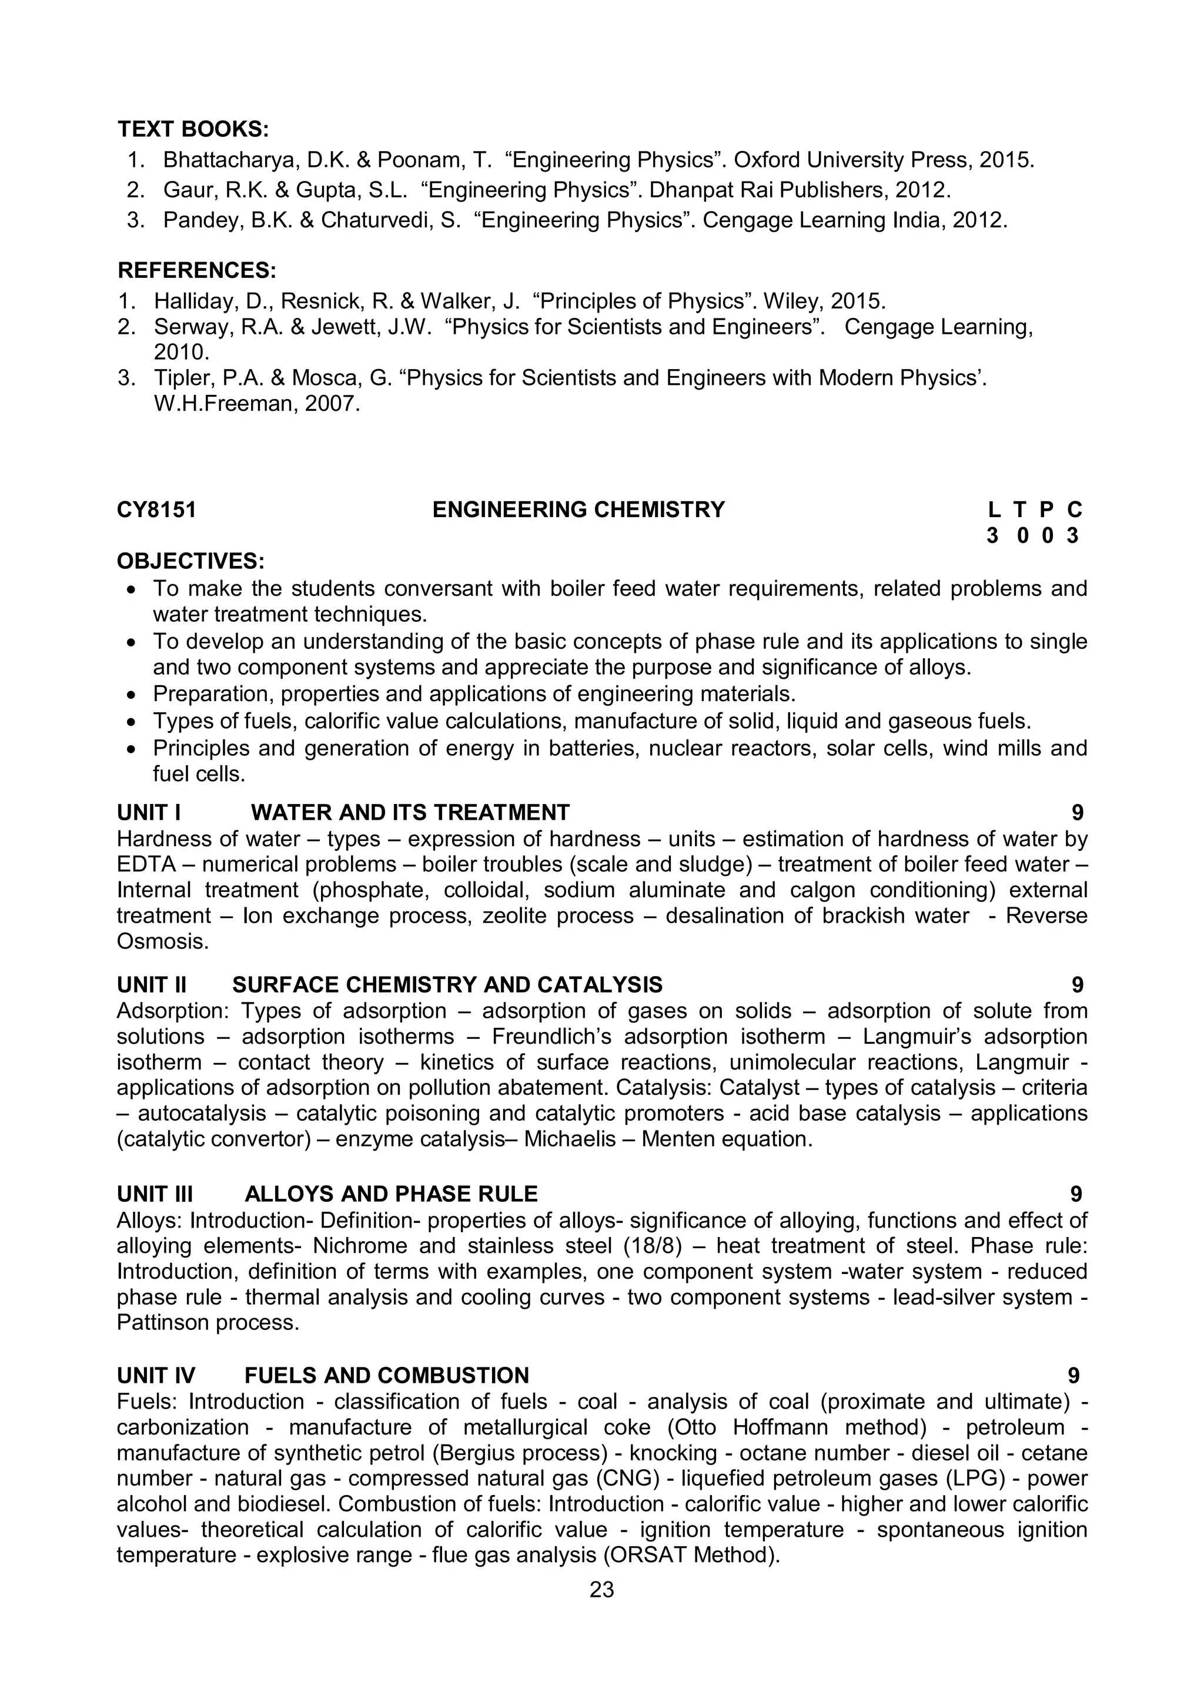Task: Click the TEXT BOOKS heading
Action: (193, 130)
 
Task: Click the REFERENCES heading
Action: (196, 270)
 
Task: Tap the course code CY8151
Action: (156, 509)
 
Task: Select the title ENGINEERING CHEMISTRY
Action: (578, 509)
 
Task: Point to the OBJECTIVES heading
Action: (190, 561)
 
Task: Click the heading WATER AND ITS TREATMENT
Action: (410, 812)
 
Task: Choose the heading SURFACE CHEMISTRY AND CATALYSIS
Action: (447, 984)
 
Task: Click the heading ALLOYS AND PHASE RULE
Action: (391, 1194)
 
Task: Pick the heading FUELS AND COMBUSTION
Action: (386, 1375)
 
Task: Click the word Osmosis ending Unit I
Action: (160, 941)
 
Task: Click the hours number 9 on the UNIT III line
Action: (1076, 1194)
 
